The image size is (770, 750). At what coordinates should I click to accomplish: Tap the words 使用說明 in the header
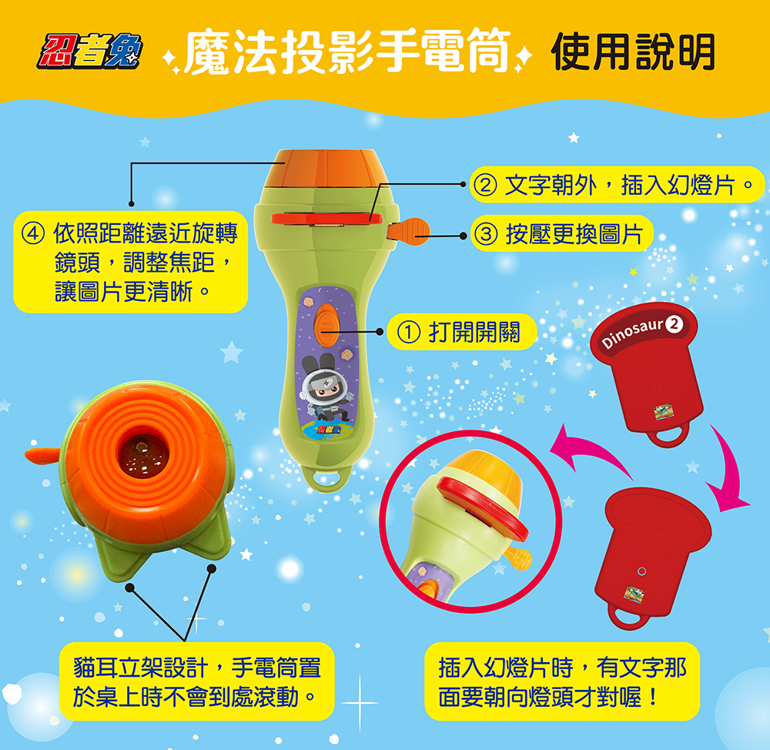(633, 52)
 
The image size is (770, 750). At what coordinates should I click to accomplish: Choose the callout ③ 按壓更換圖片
(562, 234)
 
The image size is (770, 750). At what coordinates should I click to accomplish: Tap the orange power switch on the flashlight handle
(326, 319)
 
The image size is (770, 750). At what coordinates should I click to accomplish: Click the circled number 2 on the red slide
(675, 324)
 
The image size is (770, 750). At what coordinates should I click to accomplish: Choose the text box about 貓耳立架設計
(195, 681)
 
